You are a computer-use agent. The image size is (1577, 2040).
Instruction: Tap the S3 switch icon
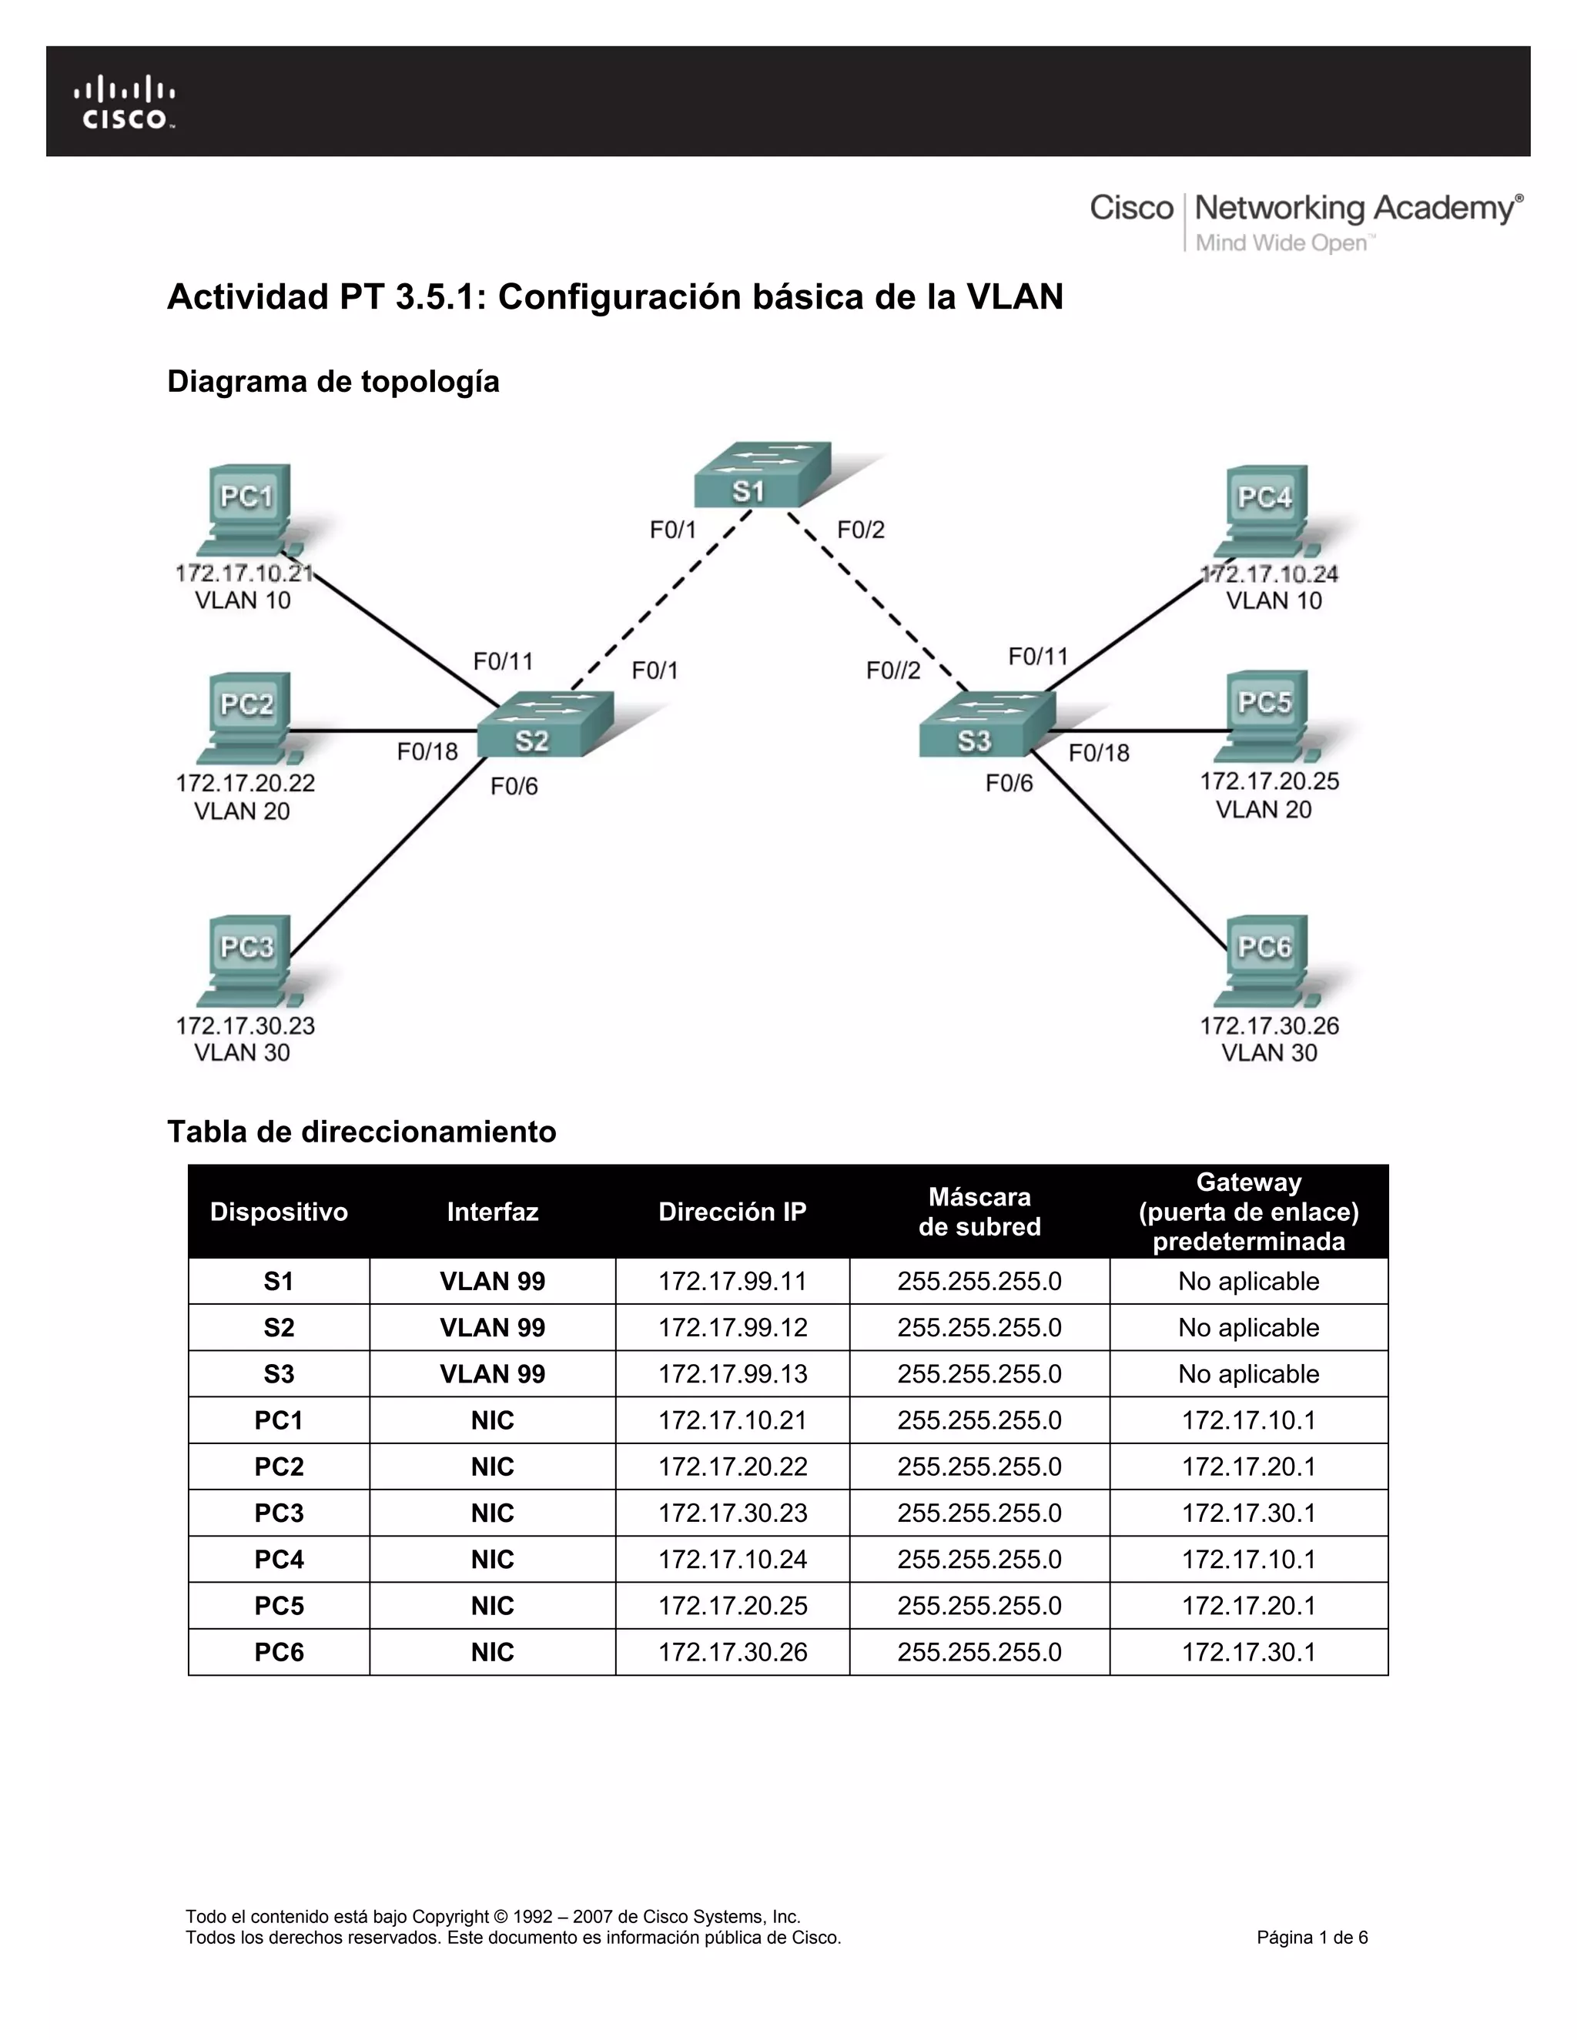986,725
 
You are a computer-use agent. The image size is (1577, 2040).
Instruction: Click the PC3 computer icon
248,960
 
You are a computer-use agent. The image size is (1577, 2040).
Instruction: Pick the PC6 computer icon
1266,960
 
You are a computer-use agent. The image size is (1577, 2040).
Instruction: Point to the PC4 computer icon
1266,510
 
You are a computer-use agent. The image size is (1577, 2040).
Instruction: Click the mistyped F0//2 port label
893,671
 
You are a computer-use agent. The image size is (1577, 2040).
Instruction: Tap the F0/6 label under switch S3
1009,784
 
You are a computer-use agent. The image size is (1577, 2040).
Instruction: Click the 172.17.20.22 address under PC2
246,783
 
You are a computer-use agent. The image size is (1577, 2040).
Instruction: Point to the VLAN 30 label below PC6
1269,1052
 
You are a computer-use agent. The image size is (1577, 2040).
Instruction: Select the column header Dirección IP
732,1212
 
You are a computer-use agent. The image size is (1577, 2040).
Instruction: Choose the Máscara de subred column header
979,1212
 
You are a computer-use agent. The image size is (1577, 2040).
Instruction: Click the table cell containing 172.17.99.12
732,1327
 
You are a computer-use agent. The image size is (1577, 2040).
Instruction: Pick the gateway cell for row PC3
1248,1513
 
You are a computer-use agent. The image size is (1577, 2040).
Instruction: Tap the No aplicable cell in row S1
1248,1282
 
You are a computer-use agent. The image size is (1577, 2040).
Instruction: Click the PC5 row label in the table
279,1606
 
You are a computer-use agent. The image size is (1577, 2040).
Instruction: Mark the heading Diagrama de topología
333,382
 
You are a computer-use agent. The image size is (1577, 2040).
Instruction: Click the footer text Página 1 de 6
1311,1938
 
